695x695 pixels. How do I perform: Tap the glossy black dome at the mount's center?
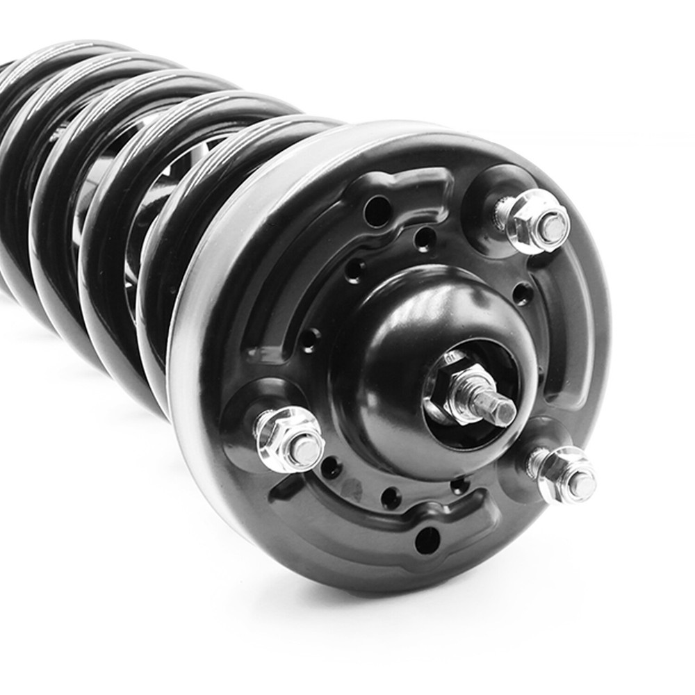pyautogui.click(x=410, y=313)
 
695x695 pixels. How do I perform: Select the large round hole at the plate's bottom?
pyautogui.click(x=427, y=540)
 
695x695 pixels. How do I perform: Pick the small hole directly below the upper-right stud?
pyautogui.click(x=522, y=293)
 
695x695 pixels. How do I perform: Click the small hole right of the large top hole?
pyautogui.click(x=425, y=238)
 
